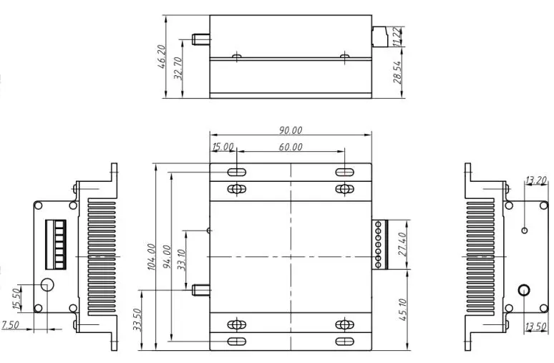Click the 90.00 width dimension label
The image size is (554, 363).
[x=291, y=130]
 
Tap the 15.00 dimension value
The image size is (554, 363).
[x=223, y=147]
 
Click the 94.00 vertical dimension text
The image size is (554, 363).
[x=167, y=257]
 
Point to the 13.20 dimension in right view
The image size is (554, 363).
[x=536, y=180]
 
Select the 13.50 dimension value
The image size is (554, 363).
[x=536, y=327]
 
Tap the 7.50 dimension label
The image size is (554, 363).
[x=11, y=325]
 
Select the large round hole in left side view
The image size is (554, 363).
[x=48, y=284]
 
